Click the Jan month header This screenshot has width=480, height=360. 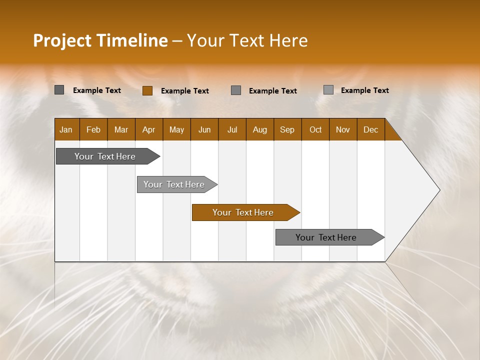[66, 129]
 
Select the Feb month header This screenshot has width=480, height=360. [93, 129]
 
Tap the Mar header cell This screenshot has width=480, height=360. [121, 129]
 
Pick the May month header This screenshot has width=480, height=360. [176, 129]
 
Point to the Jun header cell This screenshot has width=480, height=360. [204, 129]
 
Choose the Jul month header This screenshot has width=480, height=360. [232, 129]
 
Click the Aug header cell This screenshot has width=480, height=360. [260, 129]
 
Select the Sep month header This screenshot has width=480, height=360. [287, 129]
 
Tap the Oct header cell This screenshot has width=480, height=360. [315, 129]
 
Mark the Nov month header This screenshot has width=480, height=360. [343, 129]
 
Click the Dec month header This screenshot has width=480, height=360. [371, 129]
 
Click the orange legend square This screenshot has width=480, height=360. [147, 90]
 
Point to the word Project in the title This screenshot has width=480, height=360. [62, 40]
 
